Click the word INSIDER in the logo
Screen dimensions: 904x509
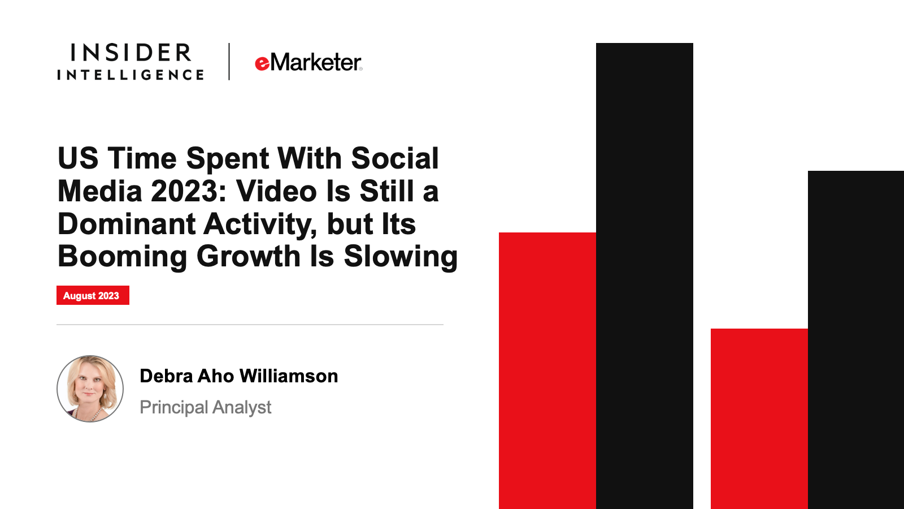click(131, 53)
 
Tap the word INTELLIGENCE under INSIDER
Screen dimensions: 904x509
click(131, 75)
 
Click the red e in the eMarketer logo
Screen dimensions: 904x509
click(262, 64)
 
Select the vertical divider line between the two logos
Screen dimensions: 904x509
click(229, 62)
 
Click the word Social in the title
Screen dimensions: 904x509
click(395, 158)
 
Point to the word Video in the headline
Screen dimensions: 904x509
click(276, 191)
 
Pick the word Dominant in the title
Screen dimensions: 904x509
click(127, 224)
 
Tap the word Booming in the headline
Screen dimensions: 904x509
click(122, 257)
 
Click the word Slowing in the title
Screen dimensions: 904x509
click(401, 257)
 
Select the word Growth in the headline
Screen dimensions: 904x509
click(248, 256)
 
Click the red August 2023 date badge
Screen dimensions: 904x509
click(93, 295)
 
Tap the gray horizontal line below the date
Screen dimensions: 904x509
click(250, 325)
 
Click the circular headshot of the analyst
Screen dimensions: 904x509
click(90, 389)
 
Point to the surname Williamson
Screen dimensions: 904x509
click(289, 376)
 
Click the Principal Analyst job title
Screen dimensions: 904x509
click(206, 407)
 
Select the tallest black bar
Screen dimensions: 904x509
click(645, 276)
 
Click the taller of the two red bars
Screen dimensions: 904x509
click(547, 371)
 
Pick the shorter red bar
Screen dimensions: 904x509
click(759, 419)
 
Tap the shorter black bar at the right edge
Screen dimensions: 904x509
click(856, 340)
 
